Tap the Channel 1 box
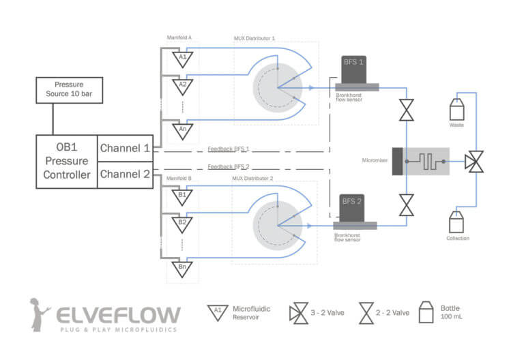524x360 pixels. click(125, 148)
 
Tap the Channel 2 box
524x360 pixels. click(125, 175)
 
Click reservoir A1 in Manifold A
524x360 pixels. click(182, 59)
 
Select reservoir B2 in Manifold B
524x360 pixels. click(182, 223)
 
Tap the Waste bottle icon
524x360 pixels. click(456, 110)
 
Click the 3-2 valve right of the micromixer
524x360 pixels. click(474, 162)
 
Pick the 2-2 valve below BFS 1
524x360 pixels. click(407, 110)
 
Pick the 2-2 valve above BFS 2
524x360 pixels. click(407, 205)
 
